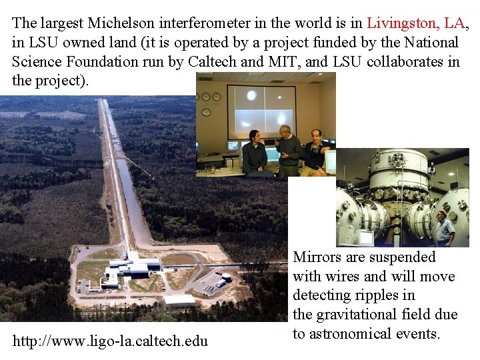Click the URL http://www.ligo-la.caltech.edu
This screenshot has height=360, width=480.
click(110, 341)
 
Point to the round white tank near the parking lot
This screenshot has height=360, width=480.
click(227, 275)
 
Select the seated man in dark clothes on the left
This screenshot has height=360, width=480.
click(255, 155)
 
